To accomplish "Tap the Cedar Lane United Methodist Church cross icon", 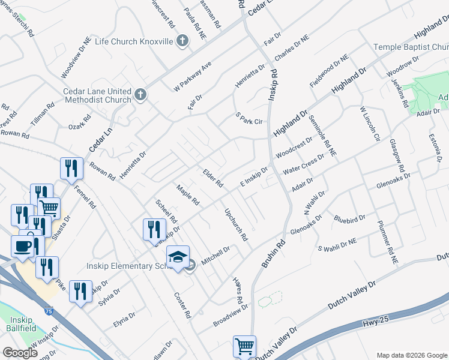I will click(140, 95).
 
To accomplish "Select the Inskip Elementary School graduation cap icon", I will click(178, 257).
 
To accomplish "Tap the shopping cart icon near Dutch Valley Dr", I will click(244, 346).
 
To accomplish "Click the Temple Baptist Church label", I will click(411, 47).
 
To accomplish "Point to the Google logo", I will click(20, 353).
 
